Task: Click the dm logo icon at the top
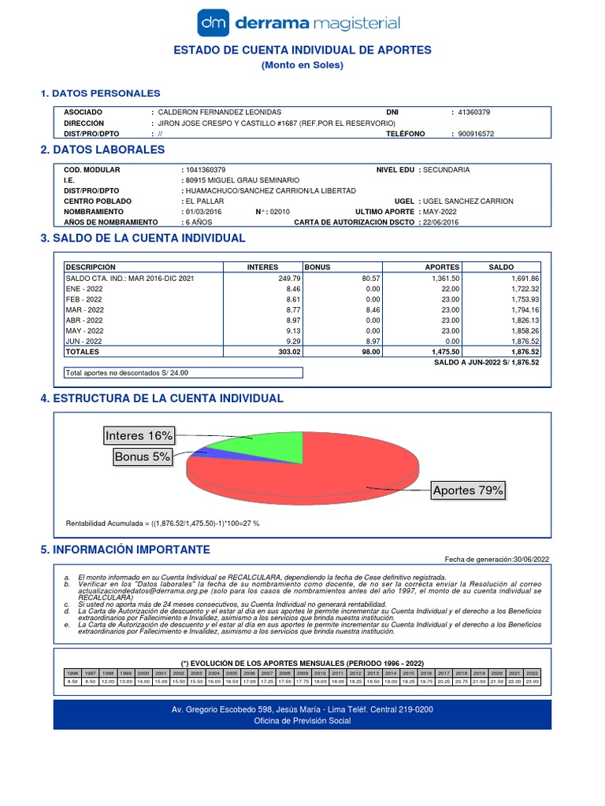(213, 23)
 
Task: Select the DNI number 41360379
(473, 113)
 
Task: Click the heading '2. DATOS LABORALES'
(102, 150)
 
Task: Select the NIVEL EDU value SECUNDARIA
(446, 169)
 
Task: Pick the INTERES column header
(262, 268)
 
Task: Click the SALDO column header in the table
(501, 268)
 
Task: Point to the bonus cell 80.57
(370, 279)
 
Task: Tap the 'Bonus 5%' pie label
(143, 457)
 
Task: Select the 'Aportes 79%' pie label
(468, 491)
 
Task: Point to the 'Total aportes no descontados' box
(181, 373)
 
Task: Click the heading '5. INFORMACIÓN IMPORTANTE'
(125, 549)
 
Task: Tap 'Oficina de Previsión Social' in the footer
(302, 721)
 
